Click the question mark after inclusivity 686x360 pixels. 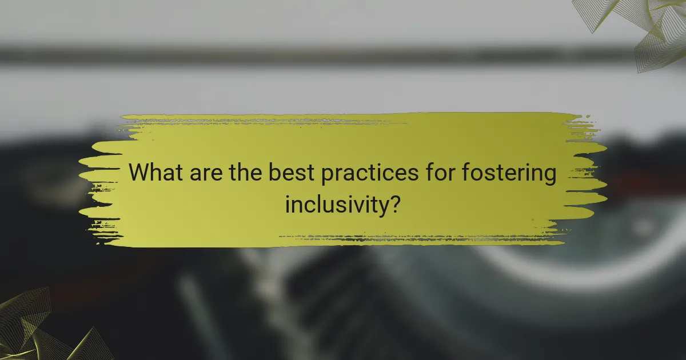click(393, 203)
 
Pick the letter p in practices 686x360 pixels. click(328, 177)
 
